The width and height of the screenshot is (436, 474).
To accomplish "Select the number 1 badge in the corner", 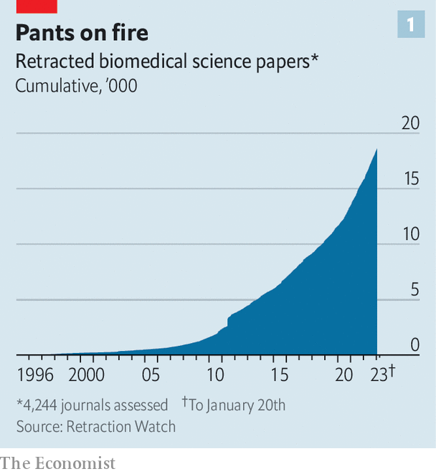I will tap(410, 26).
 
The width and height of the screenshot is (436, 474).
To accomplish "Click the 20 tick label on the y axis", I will tap(409, 123).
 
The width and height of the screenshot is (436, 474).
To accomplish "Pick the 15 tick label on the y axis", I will tap(410, 179).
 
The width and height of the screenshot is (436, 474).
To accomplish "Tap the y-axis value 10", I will tap(410, 234).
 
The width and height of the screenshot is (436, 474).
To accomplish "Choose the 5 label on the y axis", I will tap(414, 290).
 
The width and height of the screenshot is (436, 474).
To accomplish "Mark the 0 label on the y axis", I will tap(414, 345).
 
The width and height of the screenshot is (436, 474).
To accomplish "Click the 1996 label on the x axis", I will tap(35, 374).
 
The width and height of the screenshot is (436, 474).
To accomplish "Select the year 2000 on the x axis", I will tap(86, 374).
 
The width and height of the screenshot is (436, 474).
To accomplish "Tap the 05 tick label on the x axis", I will tap(150, 374).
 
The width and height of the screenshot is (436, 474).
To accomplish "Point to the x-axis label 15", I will tap(279, 374).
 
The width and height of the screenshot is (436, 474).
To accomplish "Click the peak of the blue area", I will tap(376, 150).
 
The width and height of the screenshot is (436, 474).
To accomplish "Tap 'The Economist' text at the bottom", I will tap(57, 463).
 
